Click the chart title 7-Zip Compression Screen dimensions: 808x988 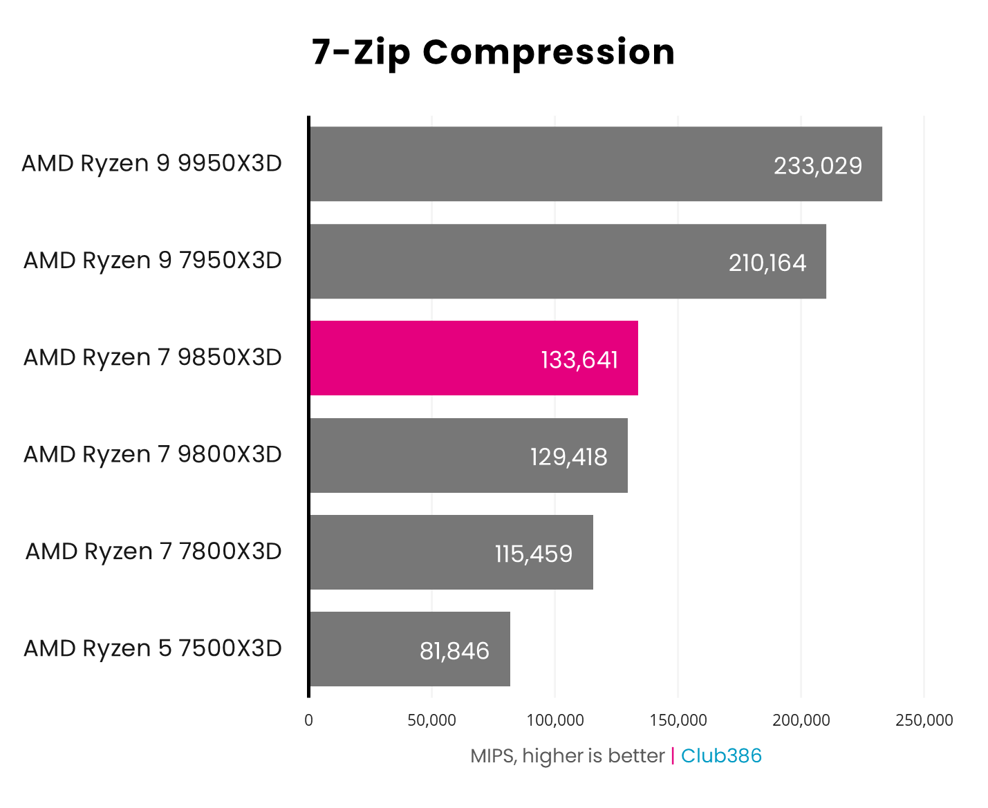493,53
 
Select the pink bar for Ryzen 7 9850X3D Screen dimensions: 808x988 474,358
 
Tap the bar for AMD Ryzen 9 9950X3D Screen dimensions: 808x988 595,164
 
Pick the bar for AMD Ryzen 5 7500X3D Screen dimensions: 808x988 409,649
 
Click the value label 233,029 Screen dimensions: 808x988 818,166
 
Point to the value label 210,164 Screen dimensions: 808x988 767,263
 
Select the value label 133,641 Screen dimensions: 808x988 579,360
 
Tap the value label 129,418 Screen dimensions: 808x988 569,457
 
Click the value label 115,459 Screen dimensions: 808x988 534,554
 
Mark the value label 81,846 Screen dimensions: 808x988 454,651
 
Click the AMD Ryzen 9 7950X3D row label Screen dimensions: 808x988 153,261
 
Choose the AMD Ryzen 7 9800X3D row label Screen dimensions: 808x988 153,454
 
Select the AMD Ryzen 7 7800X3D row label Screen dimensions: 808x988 153,552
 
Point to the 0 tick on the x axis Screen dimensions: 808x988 308,720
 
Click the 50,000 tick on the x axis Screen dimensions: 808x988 431,720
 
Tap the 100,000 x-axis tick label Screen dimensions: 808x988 555,720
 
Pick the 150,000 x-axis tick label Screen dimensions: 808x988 678,720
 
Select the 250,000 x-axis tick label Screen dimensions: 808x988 924,720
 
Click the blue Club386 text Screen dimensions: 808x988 721,756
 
